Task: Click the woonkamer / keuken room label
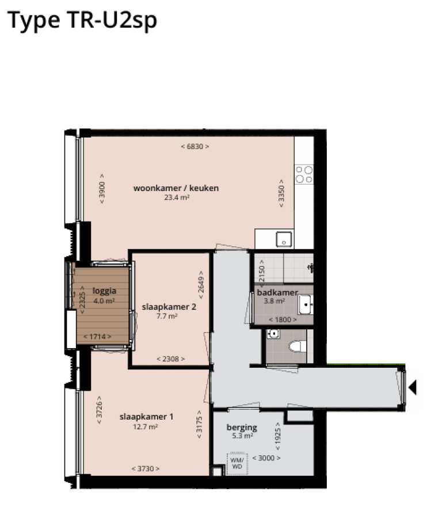[x=176, y=188]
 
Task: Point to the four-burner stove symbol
[x=304, y=174]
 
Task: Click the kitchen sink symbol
[x=284, y=238]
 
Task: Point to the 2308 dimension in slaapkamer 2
[x=171, y=359]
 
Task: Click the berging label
[x=242, y=428]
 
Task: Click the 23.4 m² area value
[x=177, y=197]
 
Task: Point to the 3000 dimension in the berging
[x=266, y=458]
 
